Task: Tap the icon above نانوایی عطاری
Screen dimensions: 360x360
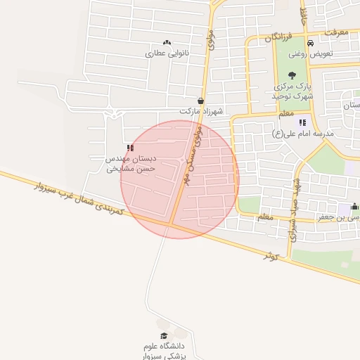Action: tap(167, 43)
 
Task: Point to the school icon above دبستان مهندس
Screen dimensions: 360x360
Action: tap(130, 148)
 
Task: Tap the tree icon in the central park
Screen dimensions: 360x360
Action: tap(292, 76)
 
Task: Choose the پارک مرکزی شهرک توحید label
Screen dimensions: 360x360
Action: tap(292, 91)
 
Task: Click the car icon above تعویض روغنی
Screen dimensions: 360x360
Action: tap(310, 43)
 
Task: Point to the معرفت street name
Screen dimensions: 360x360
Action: tap(335, 32)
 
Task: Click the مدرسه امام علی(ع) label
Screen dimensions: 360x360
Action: tap(303, 132)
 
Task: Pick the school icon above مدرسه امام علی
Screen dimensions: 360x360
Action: tap(302, 122)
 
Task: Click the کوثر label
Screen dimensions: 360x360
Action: tap(271, 257)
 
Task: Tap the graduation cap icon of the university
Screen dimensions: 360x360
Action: tap(165, 337)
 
